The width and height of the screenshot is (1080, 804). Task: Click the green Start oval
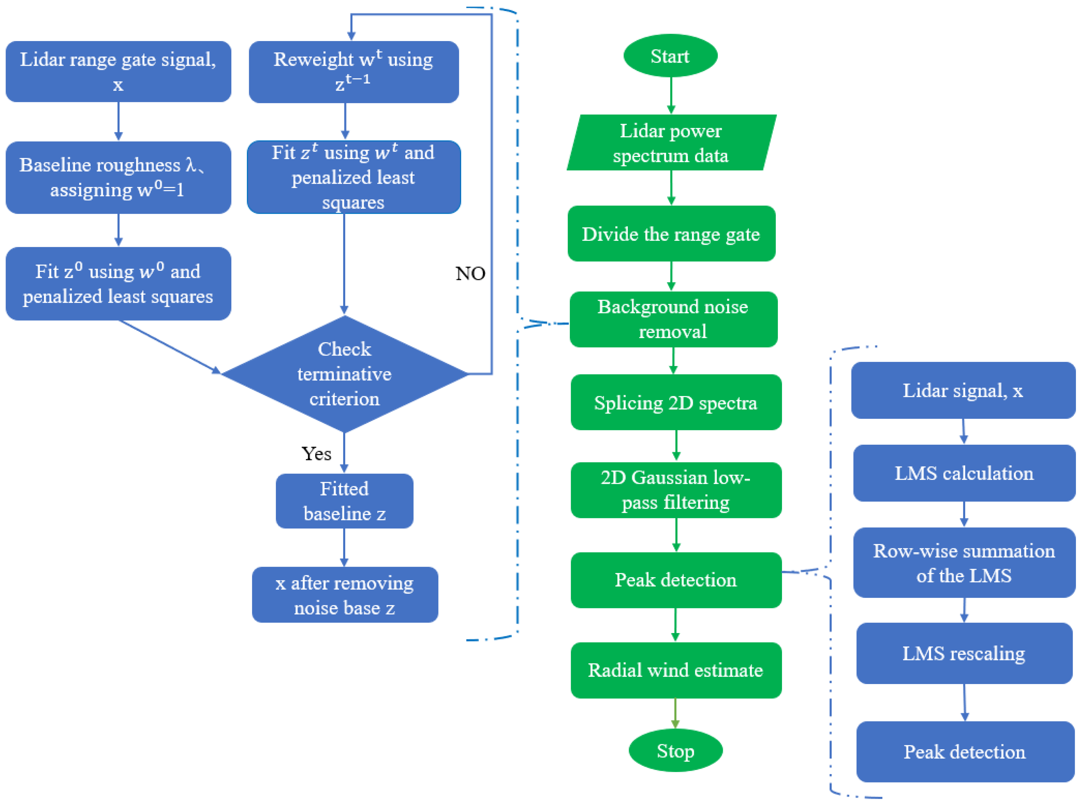(x=670, y=56)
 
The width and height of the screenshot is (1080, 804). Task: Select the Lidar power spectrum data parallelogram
(x=671, y=143)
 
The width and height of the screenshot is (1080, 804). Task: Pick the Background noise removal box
(x=673, y=319)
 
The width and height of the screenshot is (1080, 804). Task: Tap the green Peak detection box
(x=676, y=580)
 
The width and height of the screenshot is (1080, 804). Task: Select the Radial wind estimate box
(x=676, y=670)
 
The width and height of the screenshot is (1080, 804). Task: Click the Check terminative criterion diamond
(x=344, y=374)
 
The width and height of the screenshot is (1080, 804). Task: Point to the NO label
(x=470, y=273)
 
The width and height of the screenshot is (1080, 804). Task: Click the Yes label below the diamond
(x=316, y=454)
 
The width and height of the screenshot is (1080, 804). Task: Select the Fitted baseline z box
(x=344, y=501)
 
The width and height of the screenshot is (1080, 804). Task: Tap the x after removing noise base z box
(x=345, y=594)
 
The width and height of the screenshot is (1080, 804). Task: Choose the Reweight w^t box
(x=353, y=72)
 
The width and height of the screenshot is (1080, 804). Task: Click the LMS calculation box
(x=964, y=473)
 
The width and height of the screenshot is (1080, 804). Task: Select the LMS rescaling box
(x=964, y=653)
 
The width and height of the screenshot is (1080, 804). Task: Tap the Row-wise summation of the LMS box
(x=964, y=563)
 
